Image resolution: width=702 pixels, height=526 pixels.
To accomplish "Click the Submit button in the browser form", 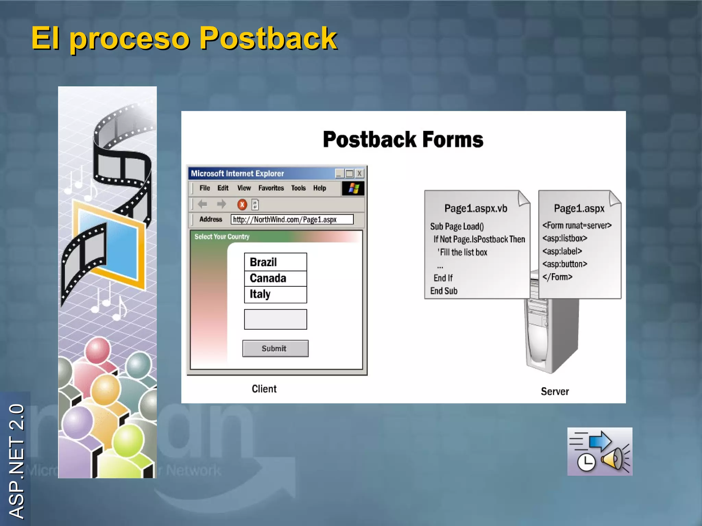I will [x=275, y=349].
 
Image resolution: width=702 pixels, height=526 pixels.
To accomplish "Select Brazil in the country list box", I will [x=275, y=262].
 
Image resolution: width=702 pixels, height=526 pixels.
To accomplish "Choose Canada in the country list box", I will [x=275, y=278].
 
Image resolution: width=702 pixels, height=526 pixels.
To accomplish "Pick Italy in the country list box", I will [x=275, y=295].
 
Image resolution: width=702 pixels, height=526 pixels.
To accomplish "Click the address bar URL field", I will [x=292, y=220].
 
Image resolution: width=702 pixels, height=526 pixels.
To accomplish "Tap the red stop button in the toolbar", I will [x=242, y=205].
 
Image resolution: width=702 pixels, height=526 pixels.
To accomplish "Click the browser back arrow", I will [x=203, y=204].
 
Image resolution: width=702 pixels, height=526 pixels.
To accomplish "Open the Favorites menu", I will [x=271, y=188].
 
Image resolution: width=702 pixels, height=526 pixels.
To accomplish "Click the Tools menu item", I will [x=298, y=188].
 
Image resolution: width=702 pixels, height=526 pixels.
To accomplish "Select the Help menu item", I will [x=319, y=188].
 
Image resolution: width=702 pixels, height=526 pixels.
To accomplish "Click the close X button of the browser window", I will [x=359, y=174].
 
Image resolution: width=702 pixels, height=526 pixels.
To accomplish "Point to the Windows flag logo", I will [x=353, y=188].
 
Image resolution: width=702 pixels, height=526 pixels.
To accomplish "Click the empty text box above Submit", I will [x=275, y=320].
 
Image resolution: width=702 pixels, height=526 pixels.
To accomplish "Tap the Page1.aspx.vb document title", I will [x=475, y=209].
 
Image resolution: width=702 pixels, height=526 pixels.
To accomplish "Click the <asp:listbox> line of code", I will [x=565, y=238].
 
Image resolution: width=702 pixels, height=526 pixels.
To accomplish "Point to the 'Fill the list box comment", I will [x=462, y=252].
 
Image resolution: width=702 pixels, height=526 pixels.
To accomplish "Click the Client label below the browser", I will [x=264, y=389].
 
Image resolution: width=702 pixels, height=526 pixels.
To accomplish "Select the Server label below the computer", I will [x=555, y=391].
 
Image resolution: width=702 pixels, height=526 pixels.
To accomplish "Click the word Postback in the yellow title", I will [x=268, y=38].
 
